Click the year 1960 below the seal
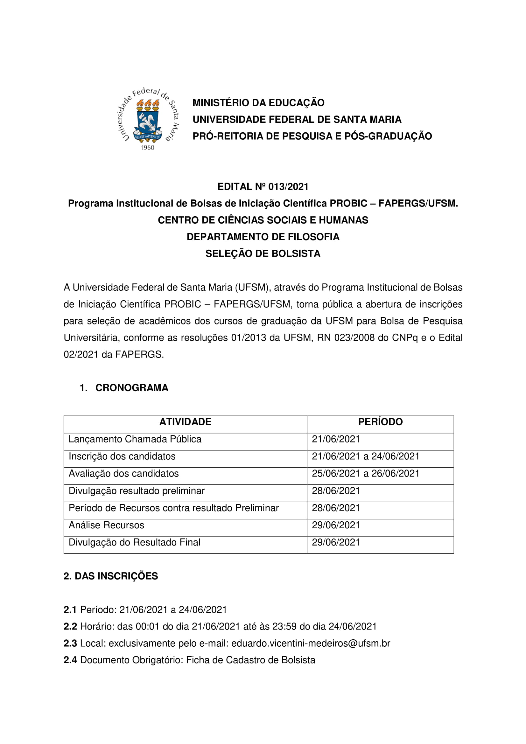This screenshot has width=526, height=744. (148, 148)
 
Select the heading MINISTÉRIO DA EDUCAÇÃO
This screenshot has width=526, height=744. (258, 103)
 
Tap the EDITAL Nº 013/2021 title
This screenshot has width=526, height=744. (263, 187)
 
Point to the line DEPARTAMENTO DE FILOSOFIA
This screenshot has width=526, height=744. (263, 237)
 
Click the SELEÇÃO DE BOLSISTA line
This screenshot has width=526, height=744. (263, 254)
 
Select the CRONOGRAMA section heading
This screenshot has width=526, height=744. (132, 388)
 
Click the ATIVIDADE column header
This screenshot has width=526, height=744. (186, 422)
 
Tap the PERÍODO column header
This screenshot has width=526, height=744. (380, 422)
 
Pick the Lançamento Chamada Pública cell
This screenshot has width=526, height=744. (135, 439)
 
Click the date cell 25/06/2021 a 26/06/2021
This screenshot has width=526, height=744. (366, 473)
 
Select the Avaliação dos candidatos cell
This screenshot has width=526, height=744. (123, 473)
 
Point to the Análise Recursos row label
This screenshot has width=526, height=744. (106, 525)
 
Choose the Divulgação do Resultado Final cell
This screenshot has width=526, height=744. (134, 542)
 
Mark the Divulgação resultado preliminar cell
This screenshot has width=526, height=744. (137, 490)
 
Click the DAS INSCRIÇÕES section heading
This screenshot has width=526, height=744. (111, 576)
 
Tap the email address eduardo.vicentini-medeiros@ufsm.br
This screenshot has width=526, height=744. (311, 643)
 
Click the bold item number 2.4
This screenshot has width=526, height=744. (70, 660)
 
